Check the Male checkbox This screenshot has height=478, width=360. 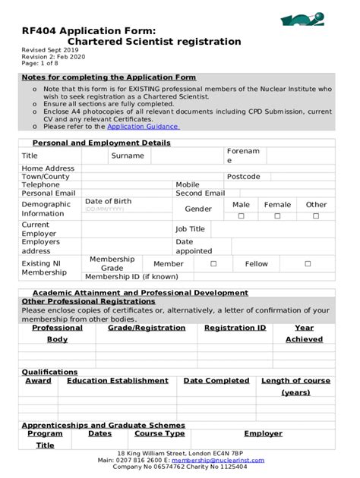(x=242, y=216)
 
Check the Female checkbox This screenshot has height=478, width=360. (x=277, y=216)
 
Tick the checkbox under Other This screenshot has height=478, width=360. (x=317, y=216)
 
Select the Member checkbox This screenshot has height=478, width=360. (x=213, y=264)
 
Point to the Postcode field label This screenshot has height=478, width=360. (x=243, y=177)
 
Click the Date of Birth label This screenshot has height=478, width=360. (x=108, y=201)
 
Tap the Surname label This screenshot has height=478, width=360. (x=127, y=156)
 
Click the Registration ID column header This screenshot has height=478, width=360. (x=235, y=329)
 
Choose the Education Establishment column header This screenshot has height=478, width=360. (x=118, y=381)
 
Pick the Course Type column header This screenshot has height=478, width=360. (x=159, y=434)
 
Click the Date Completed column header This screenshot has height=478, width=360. (x=216, y=381)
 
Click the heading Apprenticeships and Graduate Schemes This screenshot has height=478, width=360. (x=103, y=426)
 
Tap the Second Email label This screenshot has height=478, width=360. (x=201, y=193)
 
